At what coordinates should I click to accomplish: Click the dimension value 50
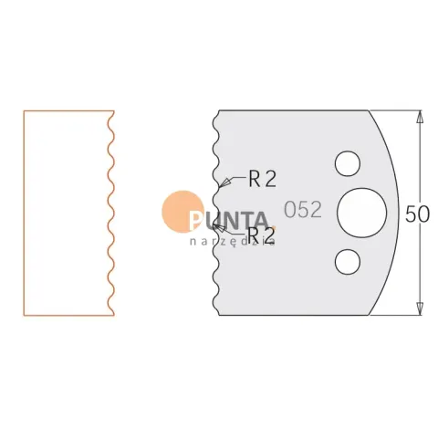coord(417,214)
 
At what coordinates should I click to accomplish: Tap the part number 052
coord(303,210)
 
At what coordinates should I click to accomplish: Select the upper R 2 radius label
coord(263,179)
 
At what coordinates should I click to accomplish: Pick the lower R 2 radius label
coord(261,235)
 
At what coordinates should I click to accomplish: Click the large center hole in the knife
coord(362,213)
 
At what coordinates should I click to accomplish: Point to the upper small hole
coord(348,163)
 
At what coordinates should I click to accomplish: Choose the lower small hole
coord(348,262)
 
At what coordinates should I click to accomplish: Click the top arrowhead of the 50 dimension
coord(420,117)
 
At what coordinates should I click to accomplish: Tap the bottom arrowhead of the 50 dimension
coord(420,308)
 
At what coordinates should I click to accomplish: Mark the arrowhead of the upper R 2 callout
coord(224,182)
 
